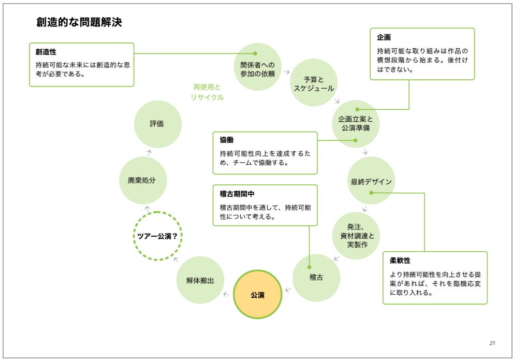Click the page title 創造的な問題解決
[x=79, y=22]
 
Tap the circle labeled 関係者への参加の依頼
[x=257, y=66]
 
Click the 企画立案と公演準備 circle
[x=355, y=123]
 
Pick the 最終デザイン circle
[x=371, y=181]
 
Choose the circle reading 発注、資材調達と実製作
[x=357, y=235]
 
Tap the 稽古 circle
[x=316, y=278]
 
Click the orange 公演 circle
[x=258, y=295]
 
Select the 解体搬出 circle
[x=200, y=280]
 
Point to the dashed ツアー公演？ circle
[x=157, y=236]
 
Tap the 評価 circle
[x=157, y=124]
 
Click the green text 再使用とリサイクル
[x=207, y=92]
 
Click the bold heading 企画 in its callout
[x=384, y=38]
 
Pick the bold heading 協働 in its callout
[x=227, y=140]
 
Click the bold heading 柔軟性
[x=400, y=261]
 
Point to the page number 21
[x=492, y=343]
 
